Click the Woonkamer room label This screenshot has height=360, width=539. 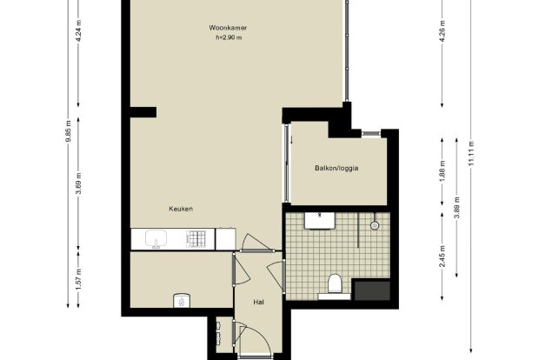click(228, 28)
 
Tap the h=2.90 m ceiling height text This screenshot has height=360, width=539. click(229, 37)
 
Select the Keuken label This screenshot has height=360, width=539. click(181, 209)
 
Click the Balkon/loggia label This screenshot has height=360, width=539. click(336, 168)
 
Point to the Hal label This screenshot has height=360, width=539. click(258, 303)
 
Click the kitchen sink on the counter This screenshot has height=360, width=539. click(156, 238)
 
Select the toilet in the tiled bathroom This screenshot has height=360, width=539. click(335, 283)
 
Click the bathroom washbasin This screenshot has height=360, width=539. click(320, 220)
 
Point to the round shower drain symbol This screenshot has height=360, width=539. click(375, 225)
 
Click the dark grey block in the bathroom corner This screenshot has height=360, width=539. click(372, 291)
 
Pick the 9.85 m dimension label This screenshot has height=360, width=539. click(69, 130)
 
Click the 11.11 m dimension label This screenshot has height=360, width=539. click(471, 153)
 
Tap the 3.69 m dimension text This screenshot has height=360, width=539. click(79, 183)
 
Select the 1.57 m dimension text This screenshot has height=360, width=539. click(79, 279)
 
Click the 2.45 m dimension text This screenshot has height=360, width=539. click(443, 256)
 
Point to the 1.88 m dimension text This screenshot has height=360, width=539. click(443, 171)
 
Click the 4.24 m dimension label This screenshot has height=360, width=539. click(79, 31)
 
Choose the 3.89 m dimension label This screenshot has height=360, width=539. click(456, 207)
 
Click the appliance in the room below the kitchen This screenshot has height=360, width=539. click(181, 300)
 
